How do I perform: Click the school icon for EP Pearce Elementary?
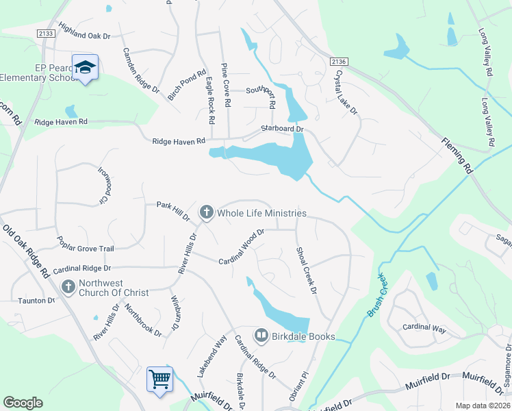pos(85,67)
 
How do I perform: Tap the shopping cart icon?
pos(159,377)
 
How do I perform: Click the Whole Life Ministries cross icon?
pos(206,213)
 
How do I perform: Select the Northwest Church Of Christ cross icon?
pos(68,286)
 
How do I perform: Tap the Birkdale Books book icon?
pos(261,336)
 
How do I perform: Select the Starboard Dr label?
pos(281,128)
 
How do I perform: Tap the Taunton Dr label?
pos(36,300)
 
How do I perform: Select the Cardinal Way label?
pos(424,329)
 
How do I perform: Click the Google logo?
pos(23,402)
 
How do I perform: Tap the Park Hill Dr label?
pos(172,210)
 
